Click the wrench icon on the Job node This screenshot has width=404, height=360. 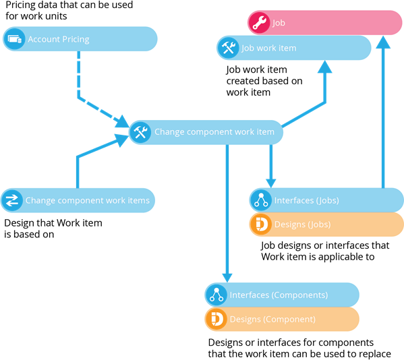click(x=259, y=23)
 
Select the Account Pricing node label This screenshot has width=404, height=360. click(x=59, y=39)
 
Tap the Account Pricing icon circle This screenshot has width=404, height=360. click(x=14, y=39)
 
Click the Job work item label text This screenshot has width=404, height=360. click(x=268, y=48)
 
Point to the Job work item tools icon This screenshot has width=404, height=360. click(x=228, y=48)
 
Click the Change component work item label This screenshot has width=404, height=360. click(x=214, y=132)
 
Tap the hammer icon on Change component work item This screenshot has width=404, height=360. click(x=140, y=132)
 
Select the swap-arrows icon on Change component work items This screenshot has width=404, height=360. click(x=12, y=200)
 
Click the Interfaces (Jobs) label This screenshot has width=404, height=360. click(x=307, y=200)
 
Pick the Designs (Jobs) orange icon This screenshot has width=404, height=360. click(x=261, y=224)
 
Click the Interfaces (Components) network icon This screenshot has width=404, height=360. click(x=217, y=295)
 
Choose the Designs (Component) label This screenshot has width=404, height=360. click(x=272, y=320)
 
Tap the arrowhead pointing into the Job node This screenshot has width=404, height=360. click(x=383, y=42)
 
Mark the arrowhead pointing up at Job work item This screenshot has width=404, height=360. click(x=325, y=67)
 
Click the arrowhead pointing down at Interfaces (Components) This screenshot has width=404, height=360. click(x=227, y=278)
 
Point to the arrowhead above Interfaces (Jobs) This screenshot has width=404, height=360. click(x=270, y=183)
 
